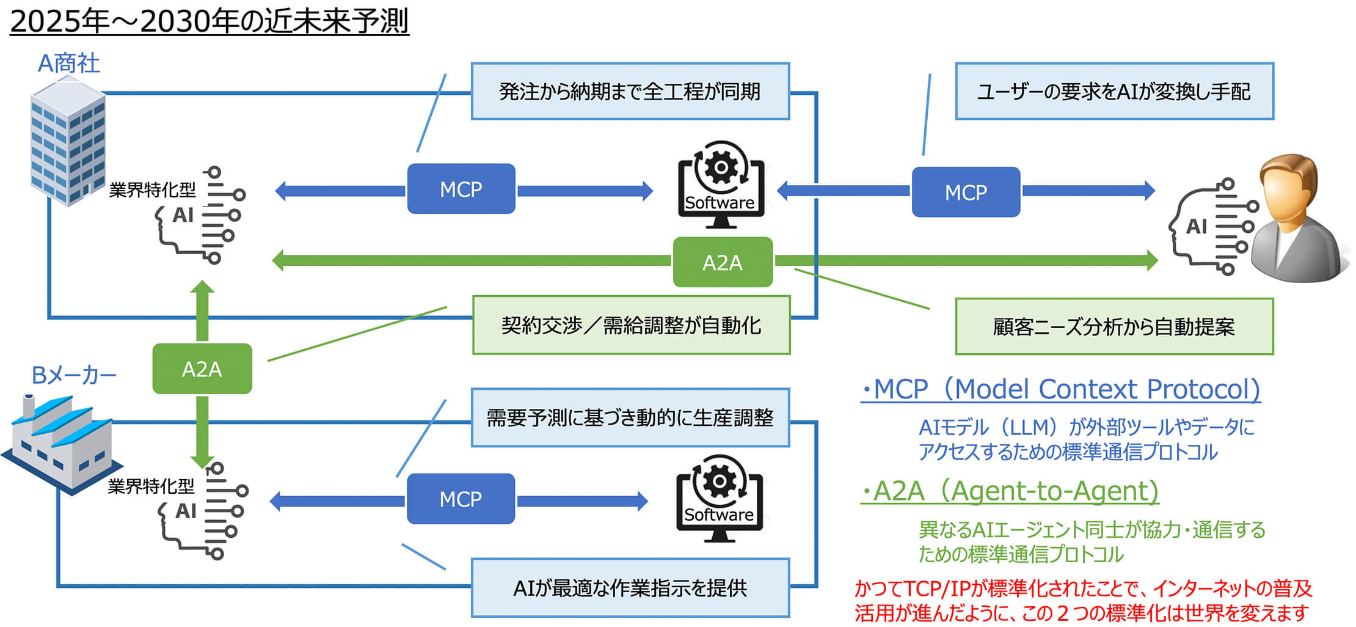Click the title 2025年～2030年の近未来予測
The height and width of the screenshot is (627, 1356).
pos(209,22)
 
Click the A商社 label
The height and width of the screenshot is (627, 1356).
pos(68,64)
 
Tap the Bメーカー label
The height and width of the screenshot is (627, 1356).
pos(73,375)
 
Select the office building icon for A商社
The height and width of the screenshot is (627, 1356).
pos(67,144)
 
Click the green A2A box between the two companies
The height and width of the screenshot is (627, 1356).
pos(202,369)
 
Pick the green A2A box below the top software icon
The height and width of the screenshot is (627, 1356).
pos(722,263)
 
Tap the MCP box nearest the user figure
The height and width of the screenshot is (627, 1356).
pos(966,193)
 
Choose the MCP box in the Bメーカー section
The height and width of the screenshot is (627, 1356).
pos(461,499)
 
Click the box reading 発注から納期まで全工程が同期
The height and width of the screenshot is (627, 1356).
pos(630,92)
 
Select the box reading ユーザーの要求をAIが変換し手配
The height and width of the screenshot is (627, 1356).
pos(1114,92)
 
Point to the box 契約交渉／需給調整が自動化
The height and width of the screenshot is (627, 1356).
pos(631,326)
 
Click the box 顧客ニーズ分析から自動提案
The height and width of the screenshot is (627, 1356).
pos(1114,327)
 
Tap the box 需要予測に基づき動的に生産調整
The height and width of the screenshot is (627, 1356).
pos(630,418)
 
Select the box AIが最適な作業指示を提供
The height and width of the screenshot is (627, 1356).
pos(630,588)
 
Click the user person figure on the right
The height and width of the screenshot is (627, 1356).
pos(1295,220)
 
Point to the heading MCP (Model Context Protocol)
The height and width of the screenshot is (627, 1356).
pos(1060,389)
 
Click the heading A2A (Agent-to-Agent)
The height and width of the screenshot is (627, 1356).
pos(1010,491)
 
